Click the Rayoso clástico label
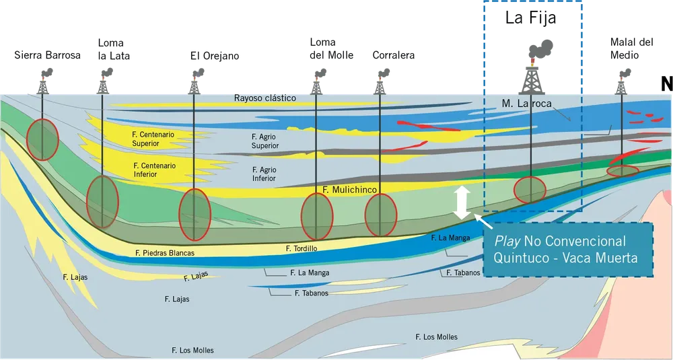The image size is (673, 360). pos(265,98)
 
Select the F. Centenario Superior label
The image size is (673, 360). pos(153,139)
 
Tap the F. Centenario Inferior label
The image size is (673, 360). pos(154,170)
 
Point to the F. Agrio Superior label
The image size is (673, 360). pos(264,141)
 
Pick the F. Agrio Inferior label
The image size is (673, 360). pos(264,174)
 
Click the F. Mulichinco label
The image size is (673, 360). pos(349,190)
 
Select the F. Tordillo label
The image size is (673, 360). pos(301,249)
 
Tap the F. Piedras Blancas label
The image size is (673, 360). pos(164,253)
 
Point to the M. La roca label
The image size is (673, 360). pos(526,104)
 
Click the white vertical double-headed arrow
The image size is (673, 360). pos(462,203)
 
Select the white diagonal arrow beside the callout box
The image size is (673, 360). pos(482,221)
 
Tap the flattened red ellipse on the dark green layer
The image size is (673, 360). pos(623,170)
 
